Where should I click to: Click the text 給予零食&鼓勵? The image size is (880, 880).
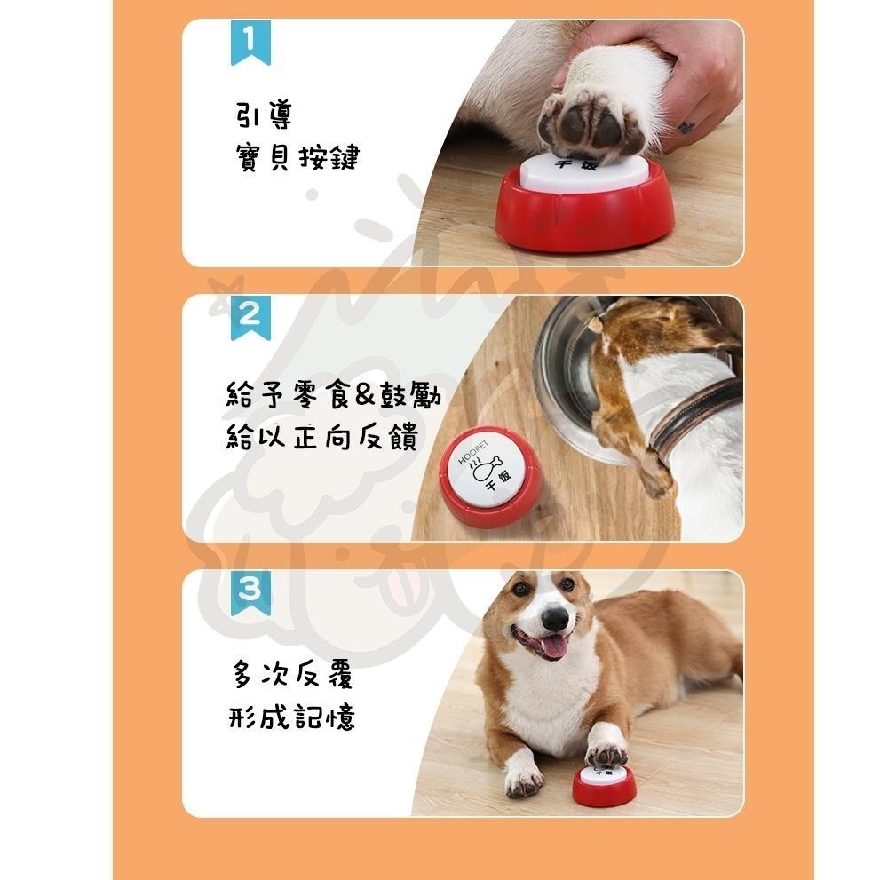pyautogui.click(x=333, y=395)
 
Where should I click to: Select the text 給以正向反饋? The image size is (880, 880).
pyautogui.click(x=321, y=438)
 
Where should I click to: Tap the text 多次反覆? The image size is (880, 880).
pyautogui.click(x=293, y=676)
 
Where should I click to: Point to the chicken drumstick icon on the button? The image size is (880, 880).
pyautogui.click(x=488, y=465)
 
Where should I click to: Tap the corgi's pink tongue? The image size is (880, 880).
pyautogui.click(x=553, y=647)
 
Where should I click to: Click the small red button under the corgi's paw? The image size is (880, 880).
pyautogui.click(x=604, y=784)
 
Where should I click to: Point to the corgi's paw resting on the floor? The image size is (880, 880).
pyautogui.click(x=523, y=781)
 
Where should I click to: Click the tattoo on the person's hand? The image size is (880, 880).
pyautogui.click(x=686, y=127)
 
